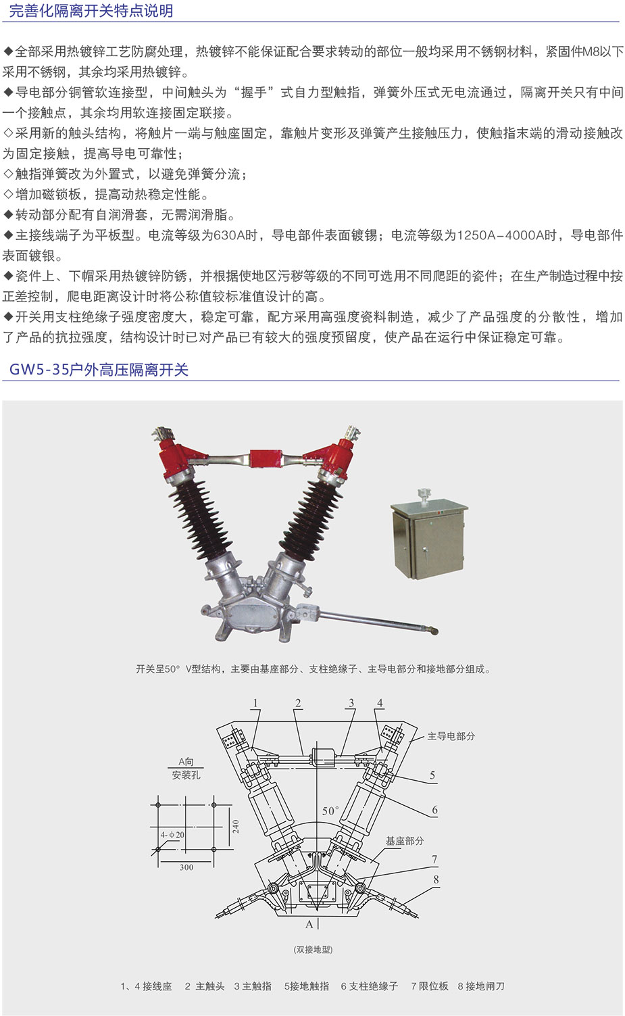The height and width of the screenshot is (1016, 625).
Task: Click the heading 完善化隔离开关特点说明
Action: coord(91,11)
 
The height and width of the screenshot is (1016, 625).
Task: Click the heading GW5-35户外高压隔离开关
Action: coord(99,370)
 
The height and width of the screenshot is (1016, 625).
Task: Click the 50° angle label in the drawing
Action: coord(330,811)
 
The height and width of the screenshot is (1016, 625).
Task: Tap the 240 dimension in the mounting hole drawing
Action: coord(236,827)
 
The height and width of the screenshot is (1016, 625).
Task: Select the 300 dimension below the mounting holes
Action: coord(186,867)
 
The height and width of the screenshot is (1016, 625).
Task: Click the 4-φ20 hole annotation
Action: coord(172,835)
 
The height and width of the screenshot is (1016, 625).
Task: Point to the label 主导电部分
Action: coord(451,736)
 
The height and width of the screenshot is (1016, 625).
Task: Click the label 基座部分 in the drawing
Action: coord(405,841)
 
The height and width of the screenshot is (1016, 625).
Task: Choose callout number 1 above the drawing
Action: coord(255,703)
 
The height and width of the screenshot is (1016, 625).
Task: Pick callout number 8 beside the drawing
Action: coord(436,879)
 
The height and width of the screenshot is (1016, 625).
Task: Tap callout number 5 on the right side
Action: coord(432,775)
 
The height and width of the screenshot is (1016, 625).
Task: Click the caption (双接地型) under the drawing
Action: coord(313,949)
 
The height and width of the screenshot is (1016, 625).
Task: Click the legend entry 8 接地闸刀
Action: coord(481,986)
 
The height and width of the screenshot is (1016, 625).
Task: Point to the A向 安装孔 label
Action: coord(186,769)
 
